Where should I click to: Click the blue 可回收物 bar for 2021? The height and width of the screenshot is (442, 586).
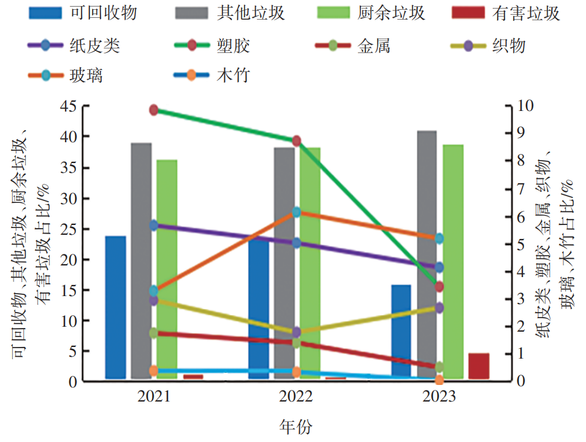115,307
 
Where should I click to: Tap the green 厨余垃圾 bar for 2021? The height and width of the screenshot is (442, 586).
167,270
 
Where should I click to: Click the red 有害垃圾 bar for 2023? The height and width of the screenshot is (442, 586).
479,366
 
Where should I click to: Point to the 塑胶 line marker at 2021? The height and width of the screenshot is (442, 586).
153,110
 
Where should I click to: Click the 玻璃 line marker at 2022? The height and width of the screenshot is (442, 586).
297,212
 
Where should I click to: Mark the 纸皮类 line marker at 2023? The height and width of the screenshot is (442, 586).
439,267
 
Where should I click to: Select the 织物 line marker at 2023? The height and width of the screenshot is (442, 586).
439,308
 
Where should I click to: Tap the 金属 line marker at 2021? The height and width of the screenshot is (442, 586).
153,333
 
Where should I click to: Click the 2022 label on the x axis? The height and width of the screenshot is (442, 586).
296,397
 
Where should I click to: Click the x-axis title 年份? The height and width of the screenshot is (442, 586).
296,425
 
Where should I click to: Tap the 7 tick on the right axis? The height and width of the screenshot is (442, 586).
523,189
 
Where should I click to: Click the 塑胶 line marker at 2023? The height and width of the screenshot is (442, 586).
439,287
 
